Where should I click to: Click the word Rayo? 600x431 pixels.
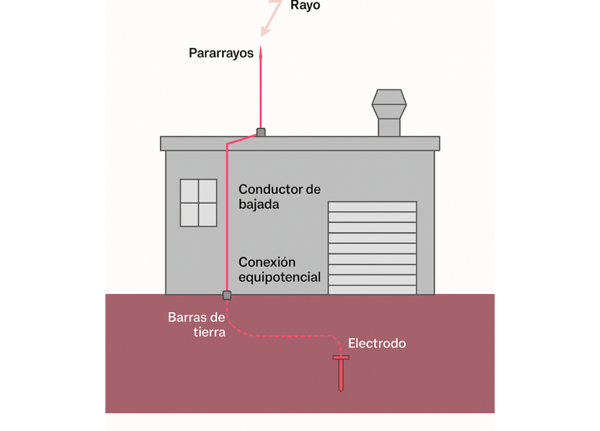[305, 6]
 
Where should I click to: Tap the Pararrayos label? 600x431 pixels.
[221, 53]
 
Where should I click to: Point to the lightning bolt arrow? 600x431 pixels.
[271, 19]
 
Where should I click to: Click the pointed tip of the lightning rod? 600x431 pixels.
[260, 48]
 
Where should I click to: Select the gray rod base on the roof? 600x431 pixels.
[260, 132]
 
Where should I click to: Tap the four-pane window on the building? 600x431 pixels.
[199, 202]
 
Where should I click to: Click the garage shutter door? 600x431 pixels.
[372, 248]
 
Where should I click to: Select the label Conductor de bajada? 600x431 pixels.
[279, 197]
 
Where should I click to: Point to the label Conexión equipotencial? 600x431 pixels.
[279, 269]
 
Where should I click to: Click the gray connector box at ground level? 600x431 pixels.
[227, 295]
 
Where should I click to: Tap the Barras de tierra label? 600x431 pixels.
[197, 324]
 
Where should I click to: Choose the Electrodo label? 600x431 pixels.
[377, 344]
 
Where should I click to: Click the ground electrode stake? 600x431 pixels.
[341, 372]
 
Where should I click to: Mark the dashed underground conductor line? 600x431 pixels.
[281, 335]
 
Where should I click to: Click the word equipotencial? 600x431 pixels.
[280, 278]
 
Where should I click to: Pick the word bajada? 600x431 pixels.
[259, 205]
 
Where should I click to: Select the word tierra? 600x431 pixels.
[209, 332]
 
